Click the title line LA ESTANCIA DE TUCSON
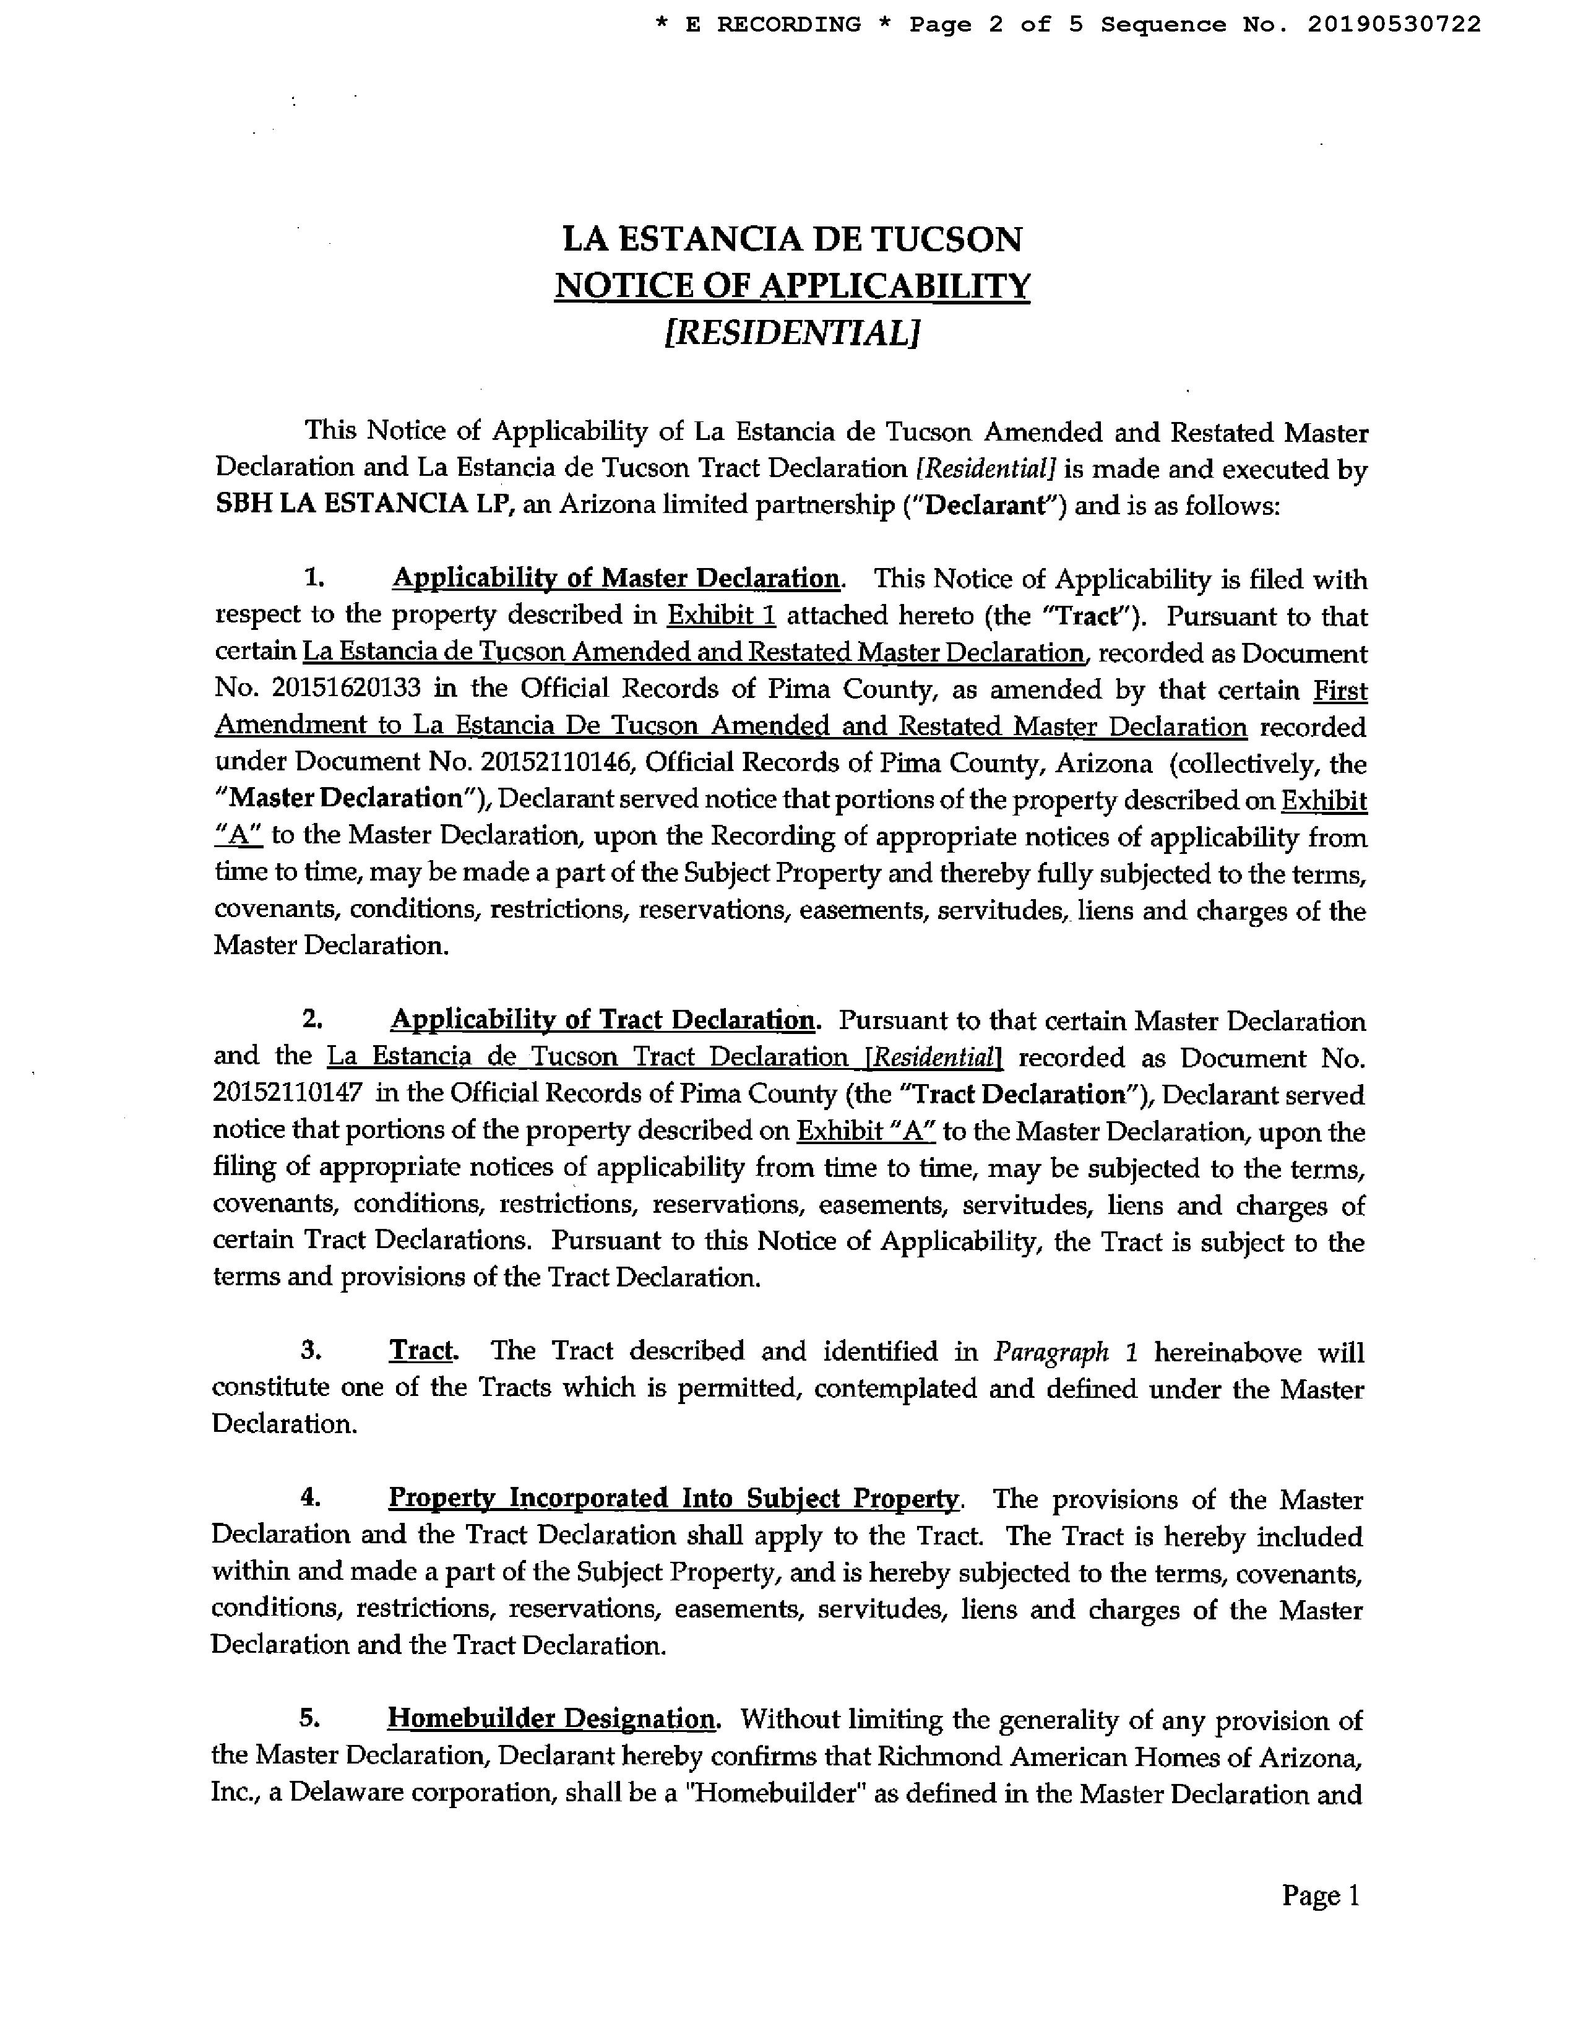click(792, 239)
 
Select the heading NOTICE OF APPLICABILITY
click(792, 286)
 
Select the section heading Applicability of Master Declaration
click(615, 579)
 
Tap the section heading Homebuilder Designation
click(551, 1720)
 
